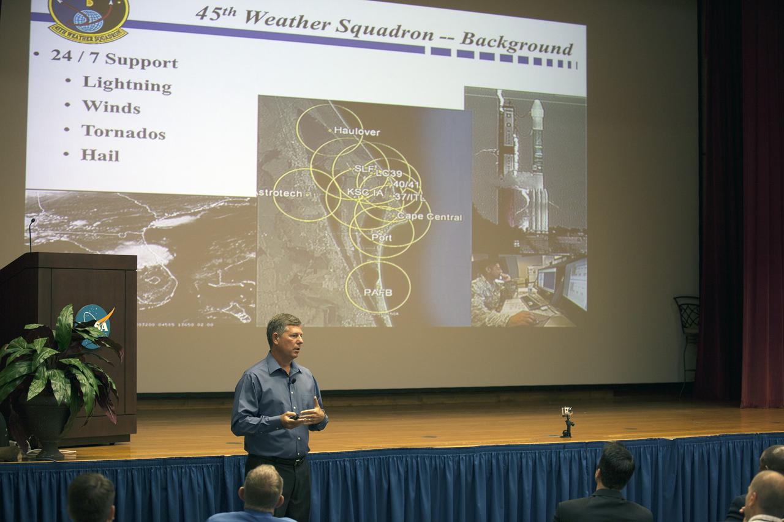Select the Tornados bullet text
coord(123,132)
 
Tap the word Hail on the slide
coord(100,155)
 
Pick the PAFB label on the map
coord(378,292)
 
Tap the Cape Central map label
coord(429,217)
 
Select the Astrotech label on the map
coord(279,193)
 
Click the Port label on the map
coord(381,237)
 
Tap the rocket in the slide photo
coord(537,165)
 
